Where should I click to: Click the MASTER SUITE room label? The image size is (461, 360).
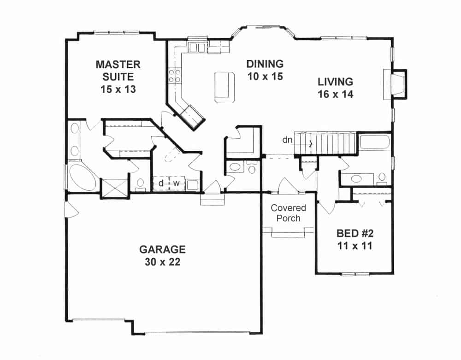[x=118, y=70]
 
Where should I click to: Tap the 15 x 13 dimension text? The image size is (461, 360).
[x=118, y=89]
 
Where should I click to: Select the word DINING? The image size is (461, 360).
[x=265, y=64]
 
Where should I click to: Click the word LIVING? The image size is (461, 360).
[x=335, y=82]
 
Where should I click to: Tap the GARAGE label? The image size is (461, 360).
[x=162, y=249]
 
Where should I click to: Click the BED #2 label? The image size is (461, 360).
[x=354, y=233]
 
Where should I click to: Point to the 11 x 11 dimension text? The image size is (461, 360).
[x=354, y=246]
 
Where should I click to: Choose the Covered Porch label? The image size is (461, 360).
[x=288, y=213]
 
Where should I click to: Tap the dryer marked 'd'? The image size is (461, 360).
[x=161, y=183]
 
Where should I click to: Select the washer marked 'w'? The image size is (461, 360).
[x=176, y=183]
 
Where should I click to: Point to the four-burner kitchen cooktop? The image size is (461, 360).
[x=175, y=76]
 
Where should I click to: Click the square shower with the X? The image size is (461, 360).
[x=114, y=188]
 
